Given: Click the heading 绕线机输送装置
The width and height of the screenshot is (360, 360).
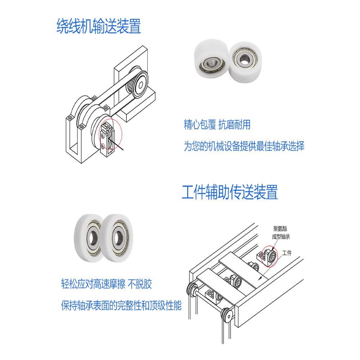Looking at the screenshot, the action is [99, 26].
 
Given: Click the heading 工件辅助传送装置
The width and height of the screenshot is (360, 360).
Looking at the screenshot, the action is [230, 192].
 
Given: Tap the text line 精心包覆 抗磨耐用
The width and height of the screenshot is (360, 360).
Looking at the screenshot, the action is [217, 125].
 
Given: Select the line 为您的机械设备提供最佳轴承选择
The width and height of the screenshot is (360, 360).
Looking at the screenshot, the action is [244, 146].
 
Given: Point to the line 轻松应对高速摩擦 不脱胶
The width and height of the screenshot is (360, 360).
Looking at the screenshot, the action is [107, 284].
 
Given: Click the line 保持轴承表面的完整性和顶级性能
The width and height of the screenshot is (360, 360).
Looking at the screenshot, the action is [121, 305].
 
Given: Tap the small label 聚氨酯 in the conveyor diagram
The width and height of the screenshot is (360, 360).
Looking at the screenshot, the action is [280, 229].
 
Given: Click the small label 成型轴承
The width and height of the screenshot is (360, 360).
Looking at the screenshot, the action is [281, 237].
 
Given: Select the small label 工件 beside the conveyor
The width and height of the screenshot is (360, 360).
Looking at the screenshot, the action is [287, 253].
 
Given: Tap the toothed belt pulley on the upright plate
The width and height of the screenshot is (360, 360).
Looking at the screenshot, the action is [138, 83].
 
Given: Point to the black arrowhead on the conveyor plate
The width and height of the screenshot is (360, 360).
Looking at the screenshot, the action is [260, 278].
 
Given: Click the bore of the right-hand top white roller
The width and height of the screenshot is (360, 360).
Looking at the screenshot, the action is [244, 60].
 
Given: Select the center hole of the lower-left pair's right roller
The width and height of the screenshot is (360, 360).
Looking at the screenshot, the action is [118, 238].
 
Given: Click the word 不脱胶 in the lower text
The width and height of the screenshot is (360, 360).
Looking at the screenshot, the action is [140, 284].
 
